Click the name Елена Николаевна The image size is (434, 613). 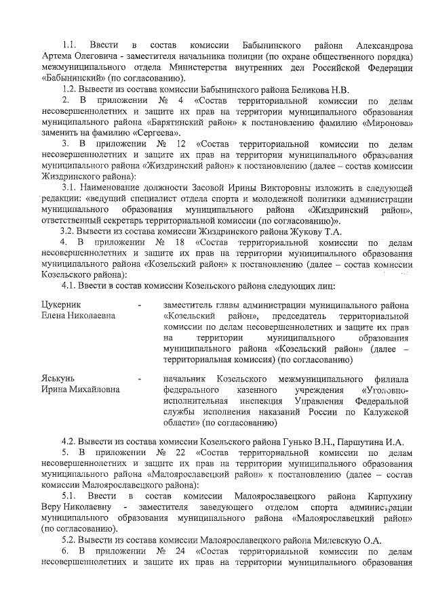[x=79, y=316]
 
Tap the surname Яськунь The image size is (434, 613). [x=58, y=377]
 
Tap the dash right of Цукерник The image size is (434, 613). [x=139, y=305]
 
